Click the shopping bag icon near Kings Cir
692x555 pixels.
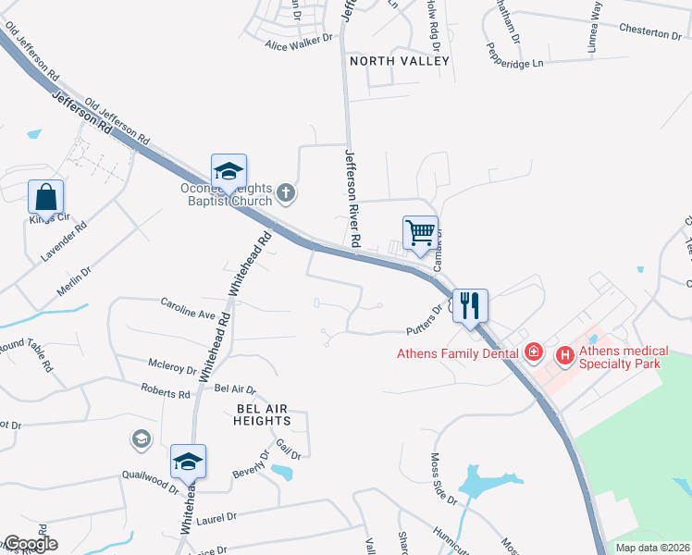[46, 197]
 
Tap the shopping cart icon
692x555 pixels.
[421, 232]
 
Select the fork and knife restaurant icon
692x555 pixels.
[470, 304]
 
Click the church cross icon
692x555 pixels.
[286, 193]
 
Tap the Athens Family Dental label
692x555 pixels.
[457, 352]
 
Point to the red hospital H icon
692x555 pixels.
[562, 353]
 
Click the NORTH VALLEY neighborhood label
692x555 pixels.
[399, 61]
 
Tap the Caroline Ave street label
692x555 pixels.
[187, 308]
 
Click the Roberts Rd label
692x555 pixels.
[165, 391]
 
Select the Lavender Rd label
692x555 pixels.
[63, 240]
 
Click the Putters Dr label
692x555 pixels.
[426, 320]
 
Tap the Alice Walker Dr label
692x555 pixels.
[298, 42]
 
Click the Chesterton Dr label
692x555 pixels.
[649, 33]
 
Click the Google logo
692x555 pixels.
[31, 544]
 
